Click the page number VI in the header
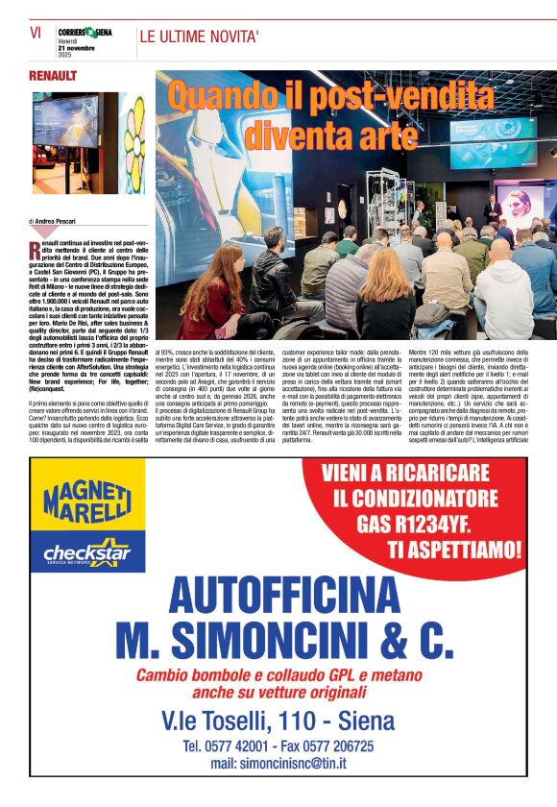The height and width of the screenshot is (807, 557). [35, 33]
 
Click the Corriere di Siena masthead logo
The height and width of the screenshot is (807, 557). [85, 32]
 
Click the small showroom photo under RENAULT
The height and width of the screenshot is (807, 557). [73, 142]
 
